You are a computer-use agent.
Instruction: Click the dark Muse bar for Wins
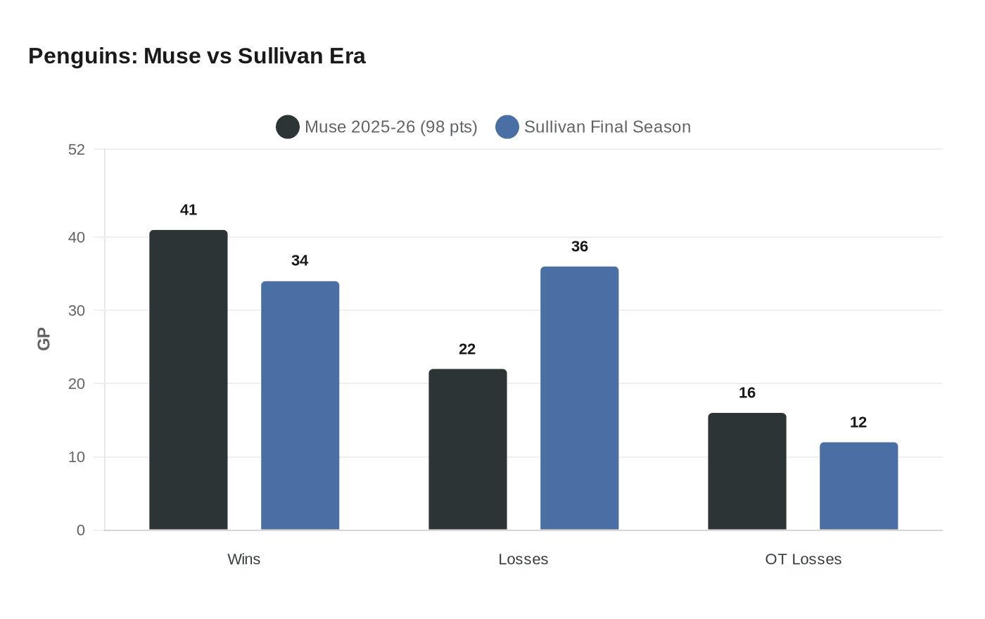point(189,380)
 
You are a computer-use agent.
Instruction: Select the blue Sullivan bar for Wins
point(300,405)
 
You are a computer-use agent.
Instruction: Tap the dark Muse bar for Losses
point(467,449)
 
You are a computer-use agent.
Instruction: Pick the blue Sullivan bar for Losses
point(579,398)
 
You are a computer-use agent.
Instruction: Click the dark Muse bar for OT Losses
point(746,471)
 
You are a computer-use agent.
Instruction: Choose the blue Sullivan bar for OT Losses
point(858,486)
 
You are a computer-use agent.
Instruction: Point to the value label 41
point(189,210)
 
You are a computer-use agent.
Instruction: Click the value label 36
point(579,246)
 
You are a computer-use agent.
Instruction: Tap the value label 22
point(467,349)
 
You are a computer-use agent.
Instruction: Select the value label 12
point(858,422)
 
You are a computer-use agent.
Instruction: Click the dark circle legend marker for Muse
point(288,127)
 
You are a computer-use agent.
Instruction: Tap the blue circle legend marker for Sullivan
point(507,127)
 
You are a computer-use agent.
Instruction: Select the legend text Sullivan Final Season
point(607,127)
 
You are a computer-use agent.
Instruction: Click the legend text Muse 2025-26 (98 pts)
point(390,127)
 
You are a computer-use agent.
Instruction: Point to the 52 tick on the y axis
point(77,149)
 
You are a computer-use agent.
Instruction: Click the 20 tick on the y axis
point(77,383)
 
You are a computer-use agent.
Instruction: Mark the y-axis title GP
point(44,339)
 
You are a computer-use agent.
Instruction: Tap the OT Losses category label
point(803,559)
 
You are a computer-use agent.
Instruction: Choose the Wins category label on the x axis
point(244,559)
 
